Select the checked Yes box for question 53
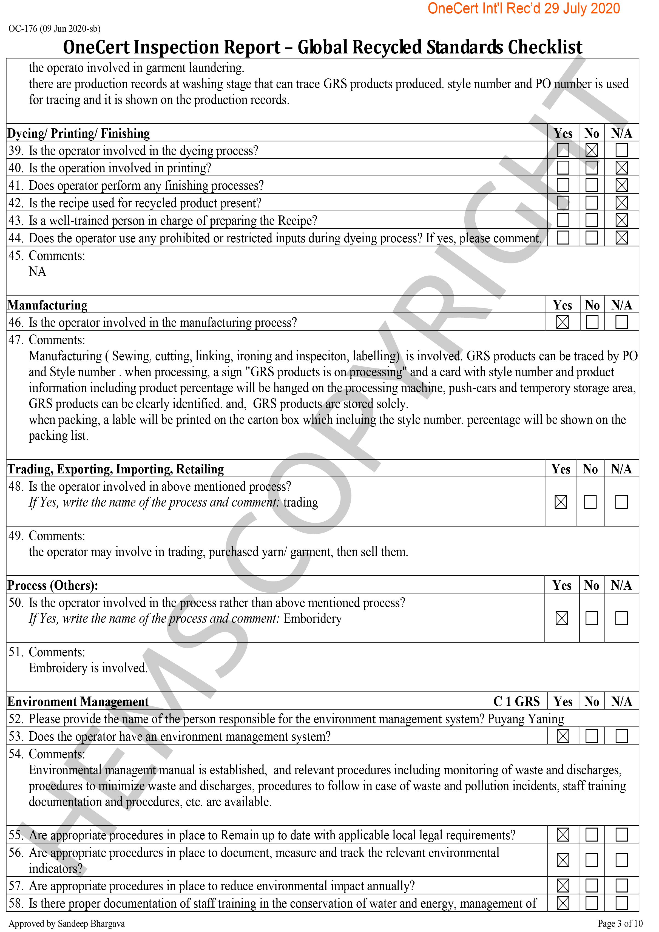[563, 736]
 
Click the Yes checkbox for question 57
[563, 885]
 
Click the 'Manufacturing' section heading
[47, 305]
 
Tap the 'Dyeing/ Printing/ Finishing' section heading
[79, 133]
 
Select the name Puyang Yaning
[526, 719]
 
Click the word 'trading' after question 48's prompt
[300, 502]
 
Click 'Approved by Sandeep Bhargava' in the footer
[67, 924]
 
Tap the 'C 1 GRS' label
[516, 701]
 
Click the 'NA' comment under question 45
[37, 272]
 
